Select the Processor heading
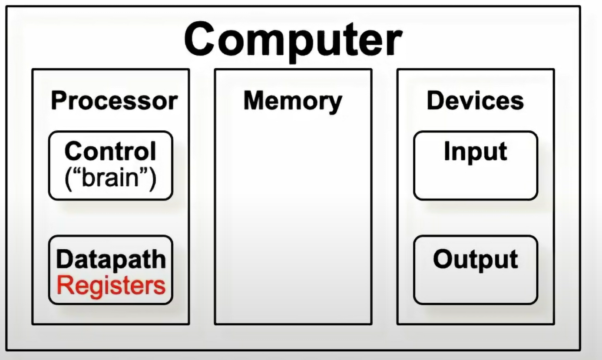pos(114,101)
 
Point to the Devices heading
pos(475,101)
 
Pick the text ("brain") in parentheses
pos(110,178)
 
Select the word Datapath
pos(111,259)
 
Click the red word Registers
pos(111,285)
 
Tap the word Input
pos(475,152)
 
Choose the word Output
pos(475,259)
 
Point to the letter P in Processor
pos(58,101)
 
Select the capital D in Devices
pos(434,101)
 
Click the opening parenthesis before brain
pos(68,178)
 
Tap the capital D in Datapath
pos(63,259)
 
